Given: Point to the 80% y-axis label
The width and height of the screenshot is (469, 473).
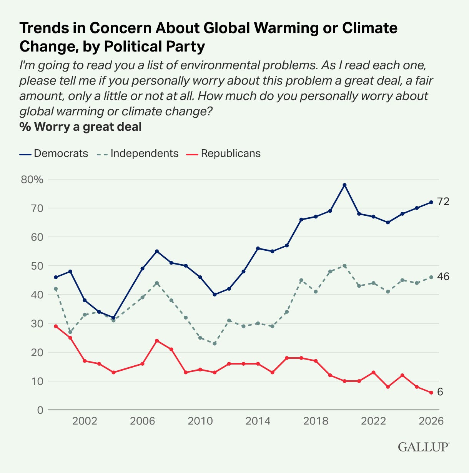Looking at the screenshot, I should (32, 180).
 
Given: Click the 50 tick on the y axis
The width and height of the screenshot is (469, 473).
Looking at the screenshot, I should (38, 266).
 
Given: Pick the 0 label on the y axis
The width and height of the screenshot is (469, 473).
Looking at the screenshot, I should (40, 410).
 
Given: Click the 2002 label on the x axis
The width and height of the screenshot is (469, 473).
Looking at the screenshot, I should (85, 421).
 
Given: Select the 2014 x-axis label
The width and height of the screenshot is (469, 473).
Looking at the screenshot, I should (258, 421).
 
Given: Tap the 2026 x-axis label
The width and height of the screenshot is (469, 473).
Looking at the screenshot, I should (431, 421).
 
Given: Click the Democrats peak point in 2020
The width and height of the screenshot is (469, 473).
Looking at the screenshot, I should (344, 185).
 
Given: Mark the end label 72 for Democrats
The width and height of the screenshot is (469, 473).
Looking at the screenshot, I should (443, 202).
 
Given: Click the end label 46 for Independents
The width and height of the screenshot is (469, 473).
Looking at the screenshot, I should (443, 276).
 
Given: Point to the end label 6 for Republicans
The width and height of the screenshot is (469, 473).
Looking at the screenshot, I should (440, 392).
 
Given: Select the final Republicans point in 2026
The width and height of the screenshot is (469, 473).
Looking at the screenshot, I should (431, 393).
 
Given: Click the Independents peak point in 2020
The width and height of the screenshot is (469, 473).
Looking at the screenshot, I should (344, 266).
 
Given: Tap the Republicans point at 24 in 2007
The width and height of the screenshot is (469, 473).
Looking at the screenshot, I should (157, 341).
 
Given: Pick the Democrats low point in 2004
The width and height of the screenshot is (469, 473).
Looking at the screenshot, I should (113, 318).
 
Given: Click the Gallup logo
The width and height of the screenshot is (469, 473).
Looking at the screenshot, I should (423, 447).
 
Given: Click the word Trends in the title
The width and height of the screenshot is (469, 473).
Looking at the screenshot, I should (42, 28).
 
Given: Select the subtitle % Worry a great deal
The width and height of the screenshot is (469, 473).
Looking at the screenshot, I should (81, 127).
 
